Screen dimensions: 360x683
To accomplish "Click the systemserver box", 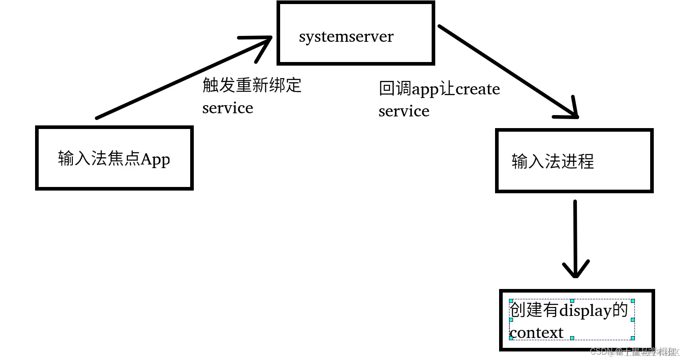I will [356, 33].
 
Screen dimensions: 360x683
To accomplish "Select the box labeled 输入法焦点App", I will [114, 158].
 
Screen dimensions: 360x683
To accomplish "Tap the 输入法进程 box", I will [574, 160].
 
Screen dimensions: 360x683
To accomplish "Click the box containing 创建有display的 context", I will [577, 320].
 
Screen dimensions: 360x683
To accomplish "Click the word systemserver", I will [346, 36].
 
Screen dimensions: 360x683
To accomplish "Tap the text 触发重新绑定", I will [252, 85].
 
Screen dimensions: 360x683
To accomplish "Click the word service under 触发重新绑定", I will [228, 108].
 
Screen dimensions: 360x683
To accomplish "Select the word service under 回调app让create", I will [404, 111].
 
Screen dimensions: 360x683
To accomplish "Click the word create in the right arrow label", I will [478, 89].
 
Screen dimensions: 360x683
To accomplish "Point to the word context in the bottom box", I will [536, 333].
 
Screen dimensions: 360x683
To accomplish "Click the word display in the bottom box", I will [585, 310].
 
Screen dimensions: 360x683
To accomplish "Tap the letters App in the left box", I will [156, 159].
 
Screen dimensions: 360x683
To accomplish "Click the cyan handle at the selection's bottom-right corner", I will [633, 338].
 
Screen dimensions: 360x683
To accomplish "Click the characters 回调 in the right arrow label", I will [395, 89].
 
